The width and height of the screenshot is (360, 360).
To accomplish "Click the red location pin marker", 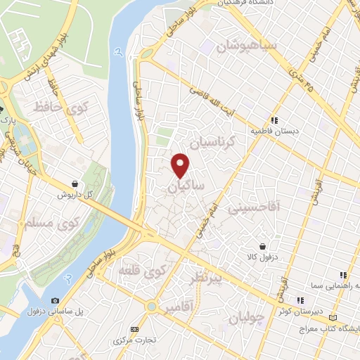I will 181,165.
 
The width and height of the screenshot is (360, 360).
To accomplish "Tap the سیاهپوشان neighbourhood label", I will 247,46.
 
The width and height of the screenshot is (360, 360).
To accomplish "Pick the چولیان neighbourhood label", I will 246,318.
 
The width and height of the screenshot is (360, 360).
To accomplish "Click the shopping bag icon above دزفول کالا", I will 262,246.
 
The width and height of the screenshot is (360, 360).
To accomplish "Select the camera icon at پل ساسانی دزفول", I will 56,301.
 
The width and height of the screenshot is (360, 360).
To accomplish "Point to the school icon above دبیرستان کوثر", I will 300,300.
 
